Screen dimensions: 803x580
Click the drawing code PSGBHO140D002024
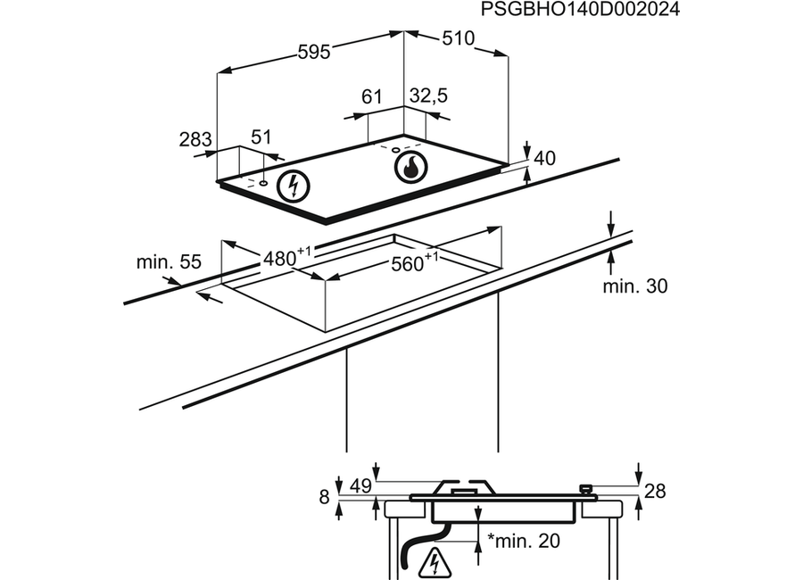[580, 9]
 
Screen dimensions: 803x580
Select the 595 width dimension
[314, 53]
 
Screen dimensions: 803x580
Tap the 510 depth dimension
[459, 38]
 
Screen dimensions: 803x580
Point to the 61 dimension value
[372, 96]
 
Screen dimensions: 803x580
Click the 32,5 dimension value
[428, 95]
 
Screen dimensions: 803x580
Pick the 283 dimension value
[195, 139]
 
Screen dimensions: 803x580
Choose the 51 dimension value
[261, 137]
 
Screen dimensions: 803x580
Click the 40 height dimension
[544, 158]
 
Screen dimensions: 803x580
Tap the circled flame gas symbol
[410, 167]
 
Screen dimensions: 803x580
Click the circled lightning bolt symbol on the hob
[294, 186]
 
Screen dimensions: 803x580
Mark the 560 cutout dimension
[415, 262]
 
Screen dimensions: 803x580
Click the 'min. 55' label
[169, 262]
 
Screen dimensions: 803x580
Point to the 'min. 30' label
[635, 286]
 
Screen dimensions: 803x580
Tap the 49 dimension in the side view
[360, 486]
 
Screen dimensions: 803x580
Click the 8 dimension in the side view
[324, 497]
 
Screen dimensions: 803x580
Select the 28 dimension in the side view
[655, 492]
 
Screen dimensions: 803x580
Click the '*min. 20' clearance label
[524, 541]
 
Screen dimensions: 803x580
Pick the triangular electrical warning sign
[435, 564]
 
